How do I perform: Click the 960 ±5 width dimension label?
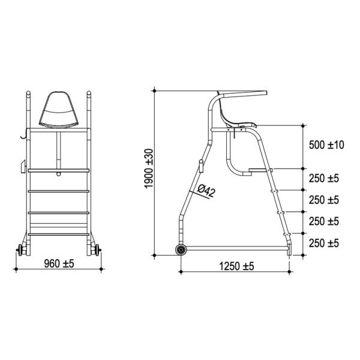point(59,264)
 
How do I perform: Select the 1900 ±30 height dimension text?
point(149,168)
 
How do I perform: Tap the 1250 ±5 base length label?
point(237,266)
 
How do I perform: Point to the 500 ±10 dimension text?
point(326,145)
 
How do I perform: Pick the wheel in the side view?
point(181,250)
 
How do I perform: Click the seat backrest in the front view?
point(59,110)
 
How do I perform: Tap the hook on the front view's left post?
point(24,134)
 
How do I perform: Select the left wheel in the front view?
point(20,250)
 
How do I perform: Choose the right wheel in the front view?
point(97,250)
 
